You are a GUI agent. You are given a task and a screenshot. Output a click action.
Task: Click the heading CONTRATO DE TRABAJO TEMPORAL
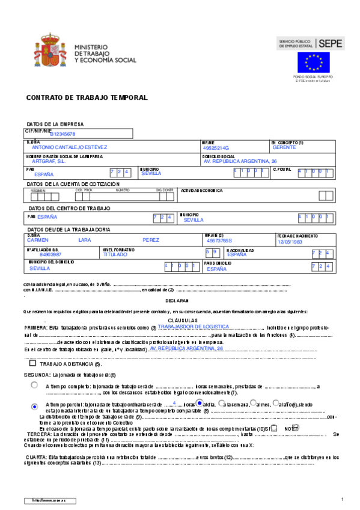point(87,97)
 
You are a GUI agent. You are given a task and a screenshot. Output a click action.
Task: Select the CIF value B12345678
point(63,134)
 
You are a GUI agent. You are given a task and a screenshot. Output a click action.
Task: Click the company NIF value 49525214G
point(216,147)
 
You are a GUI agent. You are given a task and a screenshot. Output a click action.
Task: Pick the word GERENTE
point(284,147)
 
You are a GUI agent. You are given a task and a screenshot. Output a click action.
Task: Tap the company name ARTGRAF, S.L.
point(52,161)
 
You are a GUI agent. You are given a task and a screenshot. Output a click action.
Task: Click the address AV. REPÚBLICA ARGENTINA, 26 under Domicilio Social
point(240,161)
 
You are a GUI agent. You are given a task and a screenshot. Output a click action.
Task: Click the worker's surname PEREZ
point(151,240)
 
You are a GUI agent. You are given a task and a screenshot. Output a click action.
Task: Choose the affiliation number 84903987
point(42,255)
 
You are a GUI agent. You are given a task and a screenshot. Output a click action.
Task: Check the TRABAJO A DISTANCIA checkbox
point(32,363)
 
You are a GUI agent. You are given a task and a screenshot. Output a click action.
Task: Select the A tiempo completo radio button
point(35,384)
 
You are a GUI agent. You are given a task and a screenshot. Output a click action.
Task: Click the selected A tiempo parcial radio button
point(35,407)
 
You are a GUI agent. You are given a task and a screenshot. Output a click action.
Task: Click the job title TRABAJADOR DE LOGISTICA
point(194,326)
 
